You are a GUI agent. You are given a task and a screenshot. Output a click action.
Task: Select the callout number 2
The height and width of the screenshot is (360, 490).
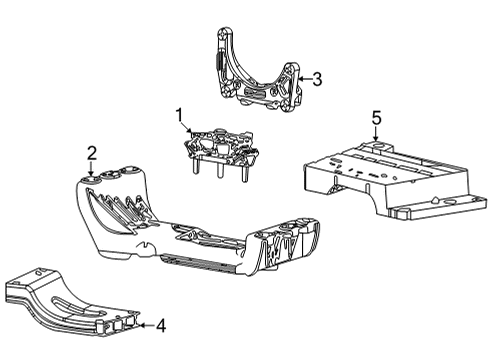91,152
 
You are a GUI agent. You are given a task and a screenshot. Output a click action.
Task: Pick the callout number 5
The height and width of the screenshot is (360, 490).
375,120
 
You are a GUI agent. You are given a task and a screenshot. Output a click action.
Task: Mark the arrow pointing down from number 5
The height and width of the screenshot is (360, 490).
375,139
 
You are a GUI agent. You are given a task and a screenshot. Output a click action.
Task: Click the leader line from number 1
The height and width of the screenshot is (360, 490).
188,131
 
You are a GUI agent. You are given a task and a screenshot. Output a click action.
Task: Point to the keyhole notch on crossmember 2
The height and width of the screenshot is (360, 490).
147,244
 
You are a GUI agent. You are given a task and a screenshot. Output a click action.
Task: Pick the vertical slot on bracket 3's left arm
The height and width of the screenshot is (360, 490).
221,71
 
